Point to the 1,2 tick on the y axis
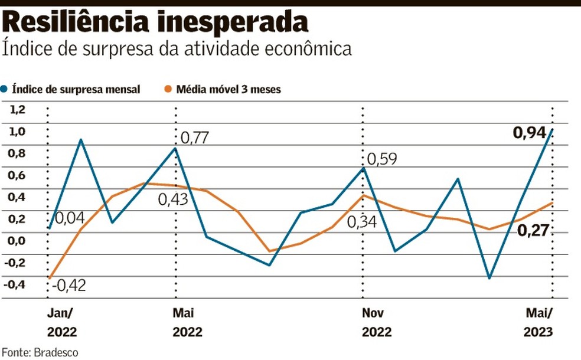pos(18,109)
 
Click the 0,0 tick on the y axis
pos(18,240)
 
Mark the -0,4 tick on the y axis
pos(17,284)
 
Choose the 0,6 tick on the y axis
pos(18,175)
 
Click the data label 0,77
pos(194,138)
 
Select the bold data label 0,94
pos(528,134)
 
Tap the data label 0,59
pos(383,159)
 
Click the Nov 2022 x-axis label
pos(373,322)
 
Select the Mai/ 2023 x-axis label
pos(538,322)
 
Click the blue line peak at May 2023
pos(551,129)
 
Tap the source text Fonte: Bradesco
pos(39,352)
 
